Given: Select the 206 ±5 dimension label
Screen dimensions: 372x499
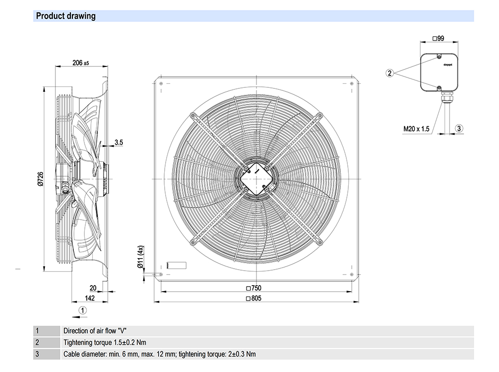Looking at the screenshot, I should pos(80,63).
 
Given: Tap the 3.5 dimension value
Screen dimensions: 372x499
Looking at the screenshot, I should pos(118,142).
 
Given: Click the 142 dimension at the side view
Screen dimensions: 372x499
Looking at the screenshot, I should pos(89,298).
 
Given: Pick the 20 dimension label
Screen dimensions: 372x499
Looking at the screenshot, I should pos(93,288).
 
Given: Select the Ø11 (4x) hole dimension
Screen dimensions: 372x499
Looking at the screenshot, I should pos(141,257).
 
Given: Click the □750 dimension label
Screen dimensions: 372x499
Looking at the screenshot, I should pos(254,288).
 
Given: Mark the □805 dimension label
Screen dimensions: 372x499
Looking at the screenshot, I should pos(254,299).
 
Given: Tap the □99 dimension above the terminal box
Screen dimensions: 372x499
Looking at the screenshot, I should pos(438,38).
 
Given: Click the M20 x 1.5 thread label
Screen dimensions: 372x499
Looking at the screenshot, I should pos(416,129).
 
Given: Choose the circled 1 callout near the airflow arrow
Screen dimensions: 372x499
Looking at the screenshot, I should pos(83,310).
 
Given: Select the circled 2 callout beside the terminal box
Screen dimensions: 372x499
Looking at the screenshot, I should pos(390,73).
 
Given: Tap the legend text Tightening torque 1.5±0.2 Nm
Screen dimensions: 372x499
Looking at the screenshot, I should pos(105,343).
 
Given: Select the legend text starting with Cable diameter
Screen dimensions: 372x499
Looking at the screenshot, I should pos(160,354).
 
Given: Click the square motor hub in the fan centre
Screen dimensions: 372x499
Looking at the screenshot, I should pos(255,178).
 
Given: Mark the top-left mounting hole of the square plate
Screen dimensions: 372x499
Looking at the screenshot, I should pos(161,83).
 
